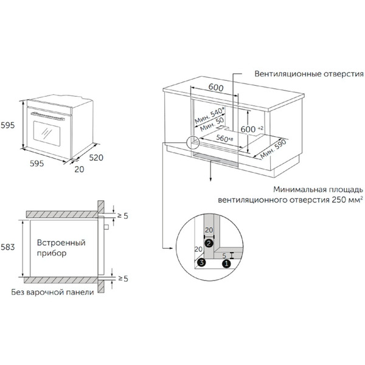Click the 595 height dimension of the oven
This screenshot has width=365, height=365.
click(x=7, y=125)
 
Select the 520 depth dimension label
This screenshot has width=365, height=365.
click(x=96, y=158)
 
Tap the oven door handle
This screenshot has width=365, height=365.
click(x=47, y=116)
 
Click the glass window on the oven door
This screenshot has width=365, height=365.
click(x=47, y=133)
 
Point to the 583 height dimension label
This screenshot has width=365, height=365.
click(x=7, y=247)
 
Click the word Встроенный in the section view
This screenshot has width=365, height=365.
click(x=61, y=243)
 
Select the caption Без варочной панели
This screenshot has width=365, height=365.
click(x=52, y=292)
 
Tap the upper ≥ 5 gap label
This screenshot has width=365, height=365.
click(x=123, y=216)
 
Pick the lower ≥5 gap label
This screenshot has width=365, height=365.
click(x=123, y=279)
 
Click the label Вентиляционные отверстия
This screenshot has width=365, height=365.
click(x=309, y=74)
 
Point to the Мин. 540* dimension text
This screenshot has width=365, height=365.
click(x=210, y=116)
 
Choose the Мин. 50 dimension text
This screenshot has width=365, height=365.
click(x=212, y=125)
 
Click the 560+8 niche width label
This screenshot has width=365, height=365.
click(x=224, y=138)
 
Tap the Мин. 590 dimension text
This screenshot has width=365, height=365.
click(x=273, y=149)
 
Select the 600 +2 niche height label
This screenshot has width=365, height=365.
click(x=252, y=129)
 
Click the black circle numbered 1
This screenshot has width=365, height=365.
click(x=226, y=264)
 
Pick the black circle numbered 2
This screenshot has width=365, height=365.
click(x=209, y=243)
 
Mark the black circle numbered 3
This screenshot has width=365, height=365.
click(x=201, y=262)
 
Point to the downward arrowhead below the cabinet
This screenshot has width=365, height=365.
click(x=210, y=179)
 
